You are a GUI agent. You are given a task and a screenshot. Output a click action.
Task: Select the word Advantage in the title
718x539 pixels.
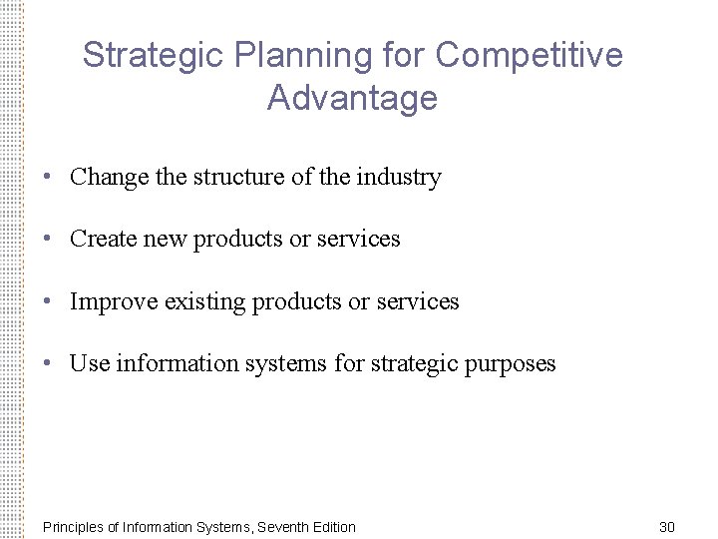[352, 99]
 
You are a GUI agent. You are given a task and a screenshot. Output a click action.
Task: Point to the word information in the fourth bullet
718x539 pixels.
[172, 363]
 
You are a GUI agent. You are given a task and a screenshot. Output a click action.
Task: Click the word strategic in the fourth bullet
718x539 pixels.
[411, 363]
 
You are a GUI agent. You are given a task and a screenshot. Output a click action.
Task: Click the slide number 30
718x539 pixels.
[667, 526]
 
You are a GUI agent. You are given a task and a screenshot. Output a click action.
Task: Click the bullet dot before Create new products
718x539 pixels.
[48, 240]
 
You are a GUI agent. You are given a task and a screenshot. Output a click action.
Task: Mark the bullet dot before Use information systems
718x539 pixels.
[48, 363]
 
